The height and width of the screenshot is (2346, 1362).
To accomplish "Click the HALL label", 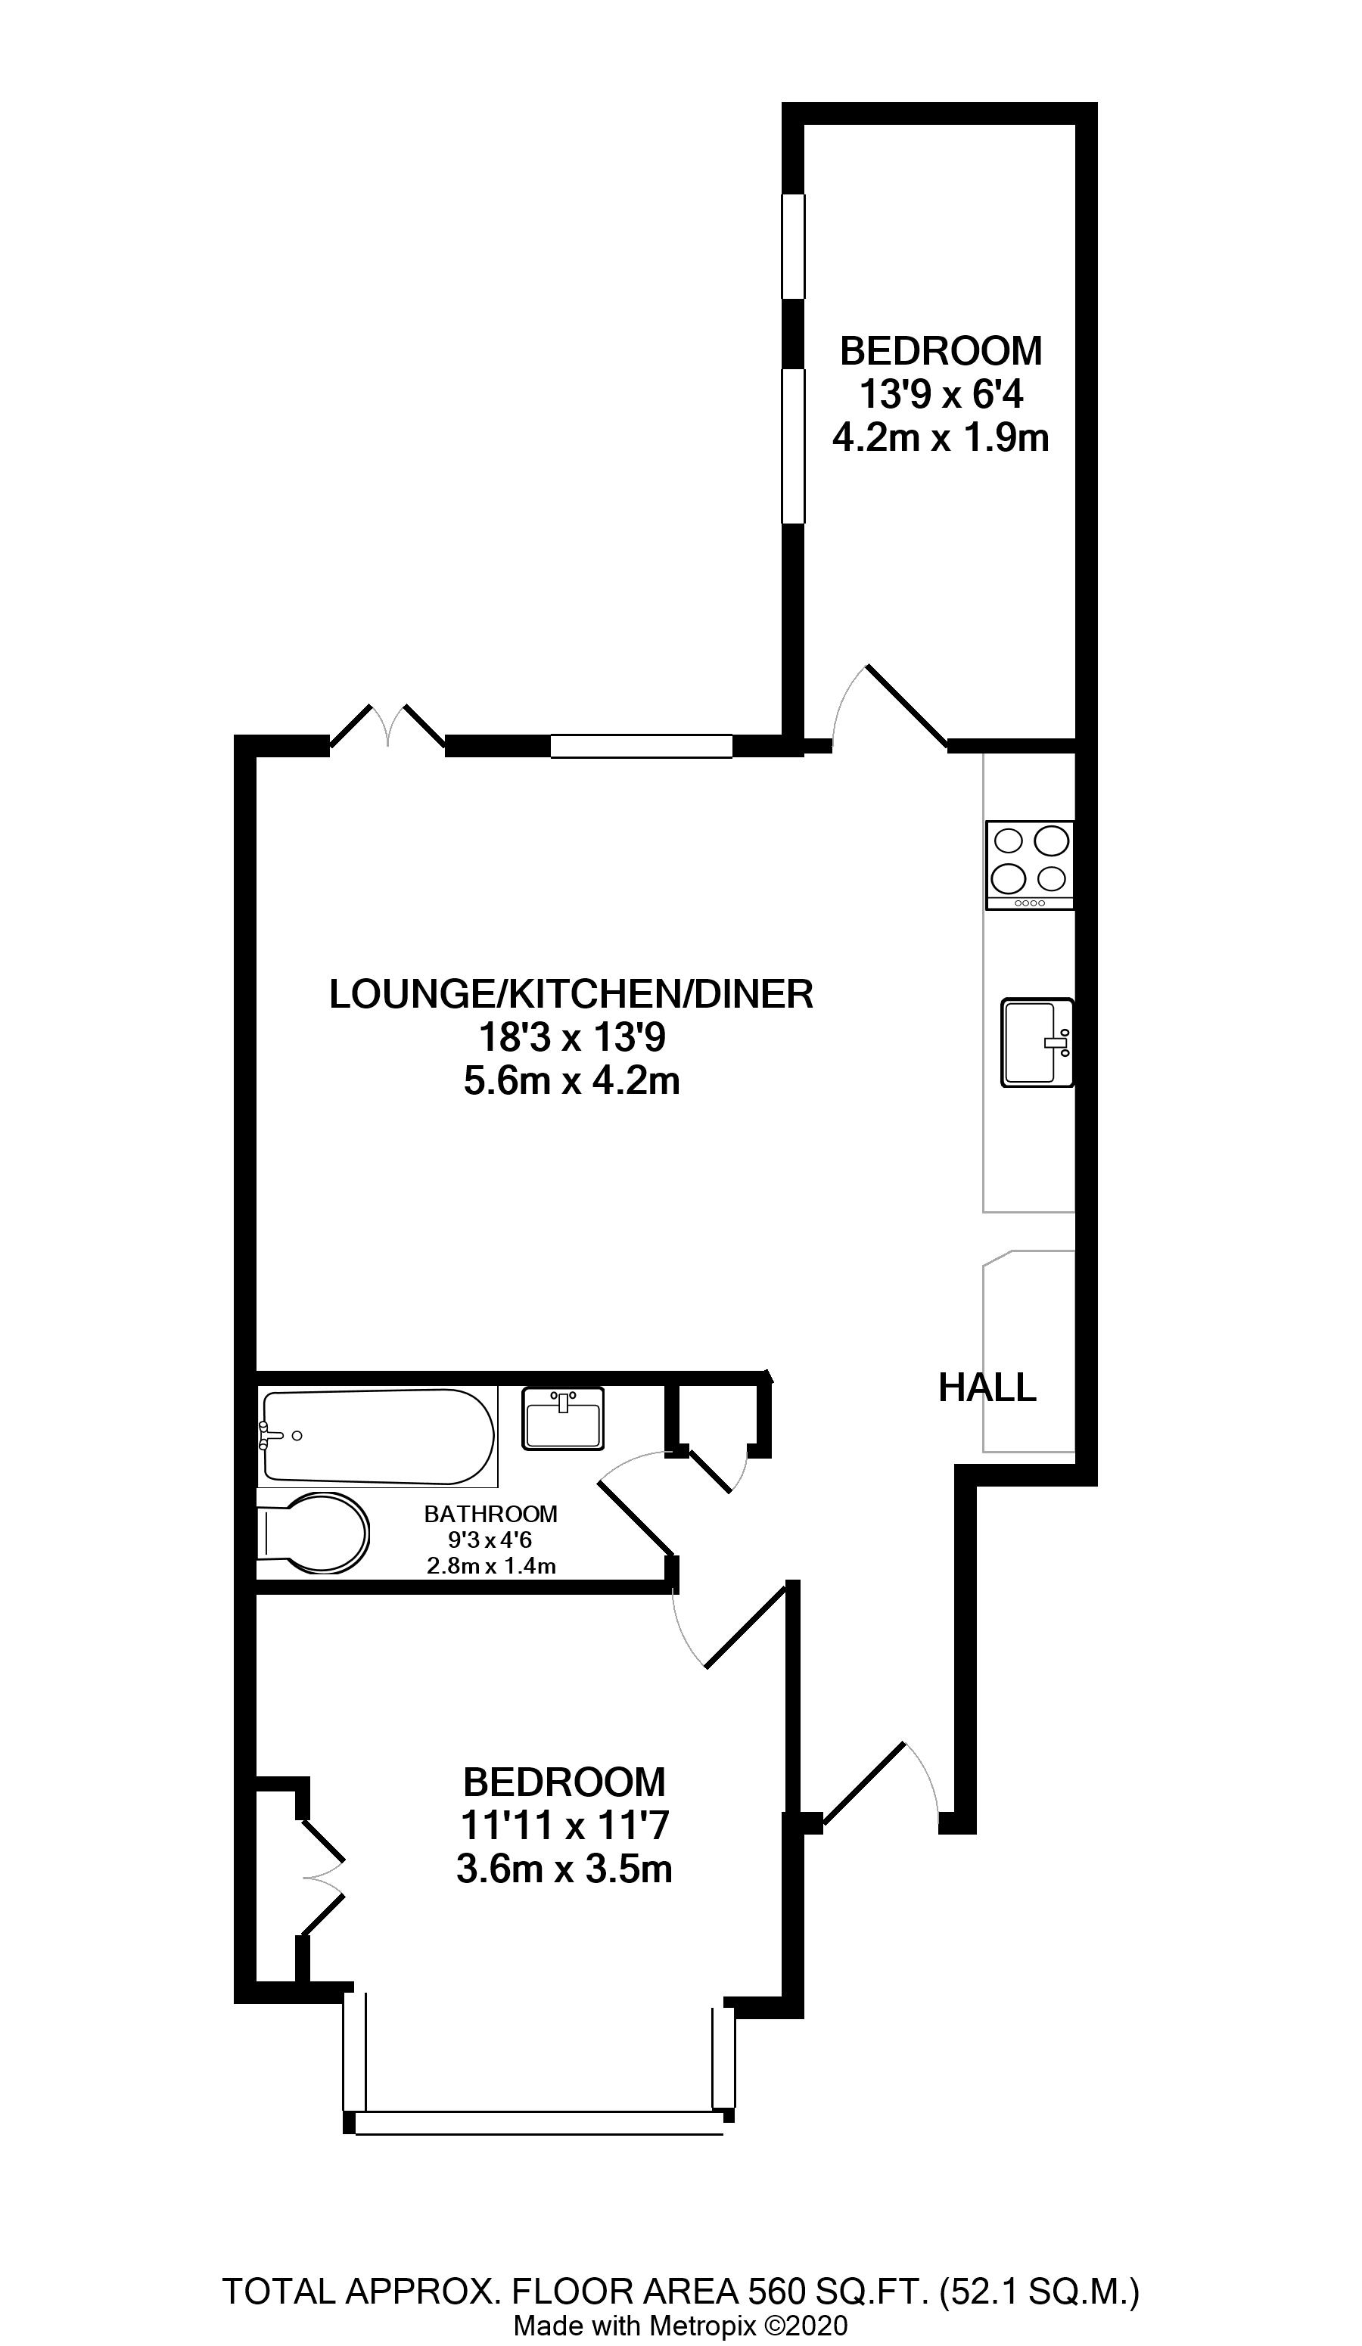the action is (987, 1387).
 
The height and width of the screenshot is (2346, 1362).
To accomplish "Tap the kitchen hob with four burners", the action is (1030, 865).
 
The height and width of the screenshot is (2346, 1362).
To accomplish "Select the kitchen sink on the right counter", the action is (1037, 1042).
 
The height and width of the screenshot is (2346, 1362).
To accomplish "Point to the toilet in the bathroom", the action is (313, 1533).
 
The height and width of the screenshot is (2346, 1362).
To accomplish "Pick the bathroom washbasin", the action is (563, 1418).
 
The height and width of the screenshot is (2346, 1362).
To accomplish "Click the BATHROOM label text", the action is (490, 1515).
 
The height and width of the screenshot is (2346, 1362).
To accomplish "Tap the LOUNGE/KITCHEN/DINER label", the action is (571, 994).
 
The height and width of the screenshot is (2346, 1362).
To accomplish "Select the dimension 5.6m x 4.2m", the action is (571, 1082).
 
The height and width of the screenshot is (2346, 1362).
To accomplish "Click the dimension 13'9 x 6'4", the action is (941, 396).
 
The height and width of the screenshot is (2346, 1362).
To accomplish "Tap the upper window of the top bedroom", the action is (792, 246).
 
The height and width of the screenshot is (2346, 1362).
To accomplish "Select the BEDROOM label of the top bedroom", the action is (941, 351).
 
